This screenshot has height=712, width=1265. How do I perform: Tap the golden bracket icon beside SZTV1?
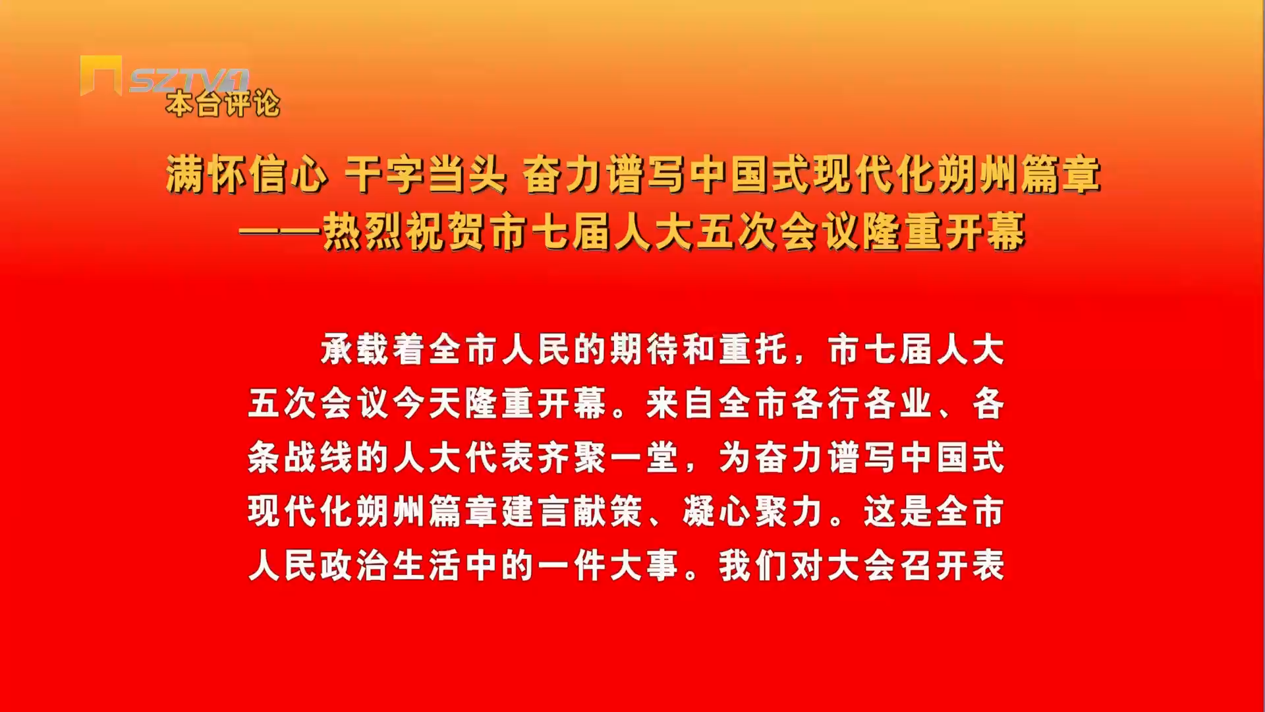101,76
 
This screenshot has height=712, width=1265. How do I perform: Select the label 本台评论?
223,104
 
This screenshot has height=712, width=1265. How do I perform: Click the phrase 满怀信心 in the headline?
246,175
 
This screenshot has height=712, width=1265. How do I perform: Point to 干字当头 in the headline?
425,175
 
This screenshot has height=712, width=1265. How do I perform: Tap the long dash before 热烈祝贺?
279,232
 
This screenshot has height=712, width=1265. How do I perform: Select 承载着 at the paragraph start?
374,349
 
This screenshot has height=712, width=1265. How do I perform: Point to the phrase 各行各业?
862,403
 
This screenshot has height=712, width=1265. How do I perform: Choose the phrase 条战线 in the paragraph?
301,458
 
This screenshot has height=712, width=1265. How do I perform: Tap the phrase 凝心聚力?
753,512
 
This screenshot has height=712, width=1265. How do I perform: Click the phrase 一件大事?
608,566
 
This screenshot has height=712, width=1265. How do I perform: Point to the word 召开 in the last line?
934,566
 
